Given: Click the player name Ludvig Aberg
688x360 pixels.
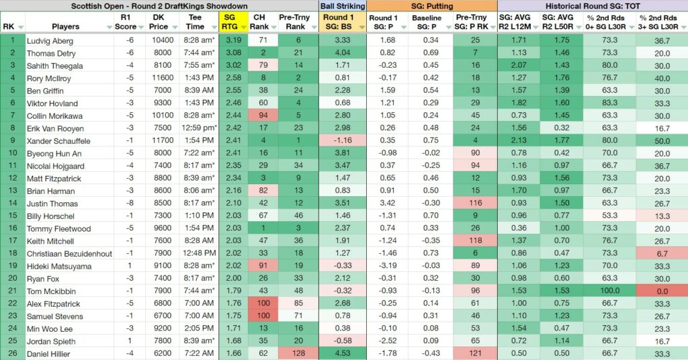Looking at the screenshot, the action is coord(50,41).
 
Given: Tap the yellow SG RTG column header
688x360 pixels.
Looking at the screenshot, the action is coord(229,22).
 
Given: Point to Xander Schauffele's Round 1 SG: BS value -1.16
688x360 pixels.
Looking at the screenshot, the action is coord(343,141).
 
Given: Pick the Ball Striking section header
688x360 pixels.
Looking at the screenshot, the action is coord(343,6).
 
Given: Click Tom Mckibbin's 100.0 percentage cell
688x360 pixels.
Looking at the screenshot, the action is coord(610,291).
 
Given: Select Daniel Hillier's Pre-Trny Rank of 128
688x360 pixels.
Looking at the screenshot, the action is coord(296,353).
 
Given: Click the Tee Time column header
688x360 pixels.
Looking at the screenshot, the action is coord(195,22).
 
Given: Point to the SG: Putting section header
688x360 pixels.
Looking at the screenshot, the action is coord(431,6).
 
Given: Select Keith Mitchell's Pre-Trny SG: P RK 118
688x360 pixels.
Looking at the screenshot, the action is coord(475,240).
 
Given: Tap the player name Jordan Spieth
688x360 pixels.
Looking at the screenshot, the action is coord(51,342).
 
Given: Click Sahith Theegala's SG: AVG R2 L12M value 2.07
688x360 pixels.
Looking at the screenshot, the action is coord(519,66).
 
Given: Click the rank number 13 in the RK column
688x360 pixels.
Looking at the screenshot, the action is coord(13,191).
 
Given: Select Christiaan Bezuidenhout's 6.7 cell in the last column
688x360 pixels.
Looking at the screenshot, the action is coord(662,253).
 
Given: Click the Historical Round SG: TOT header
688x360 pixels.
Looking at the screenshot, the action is coord(593,6).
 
